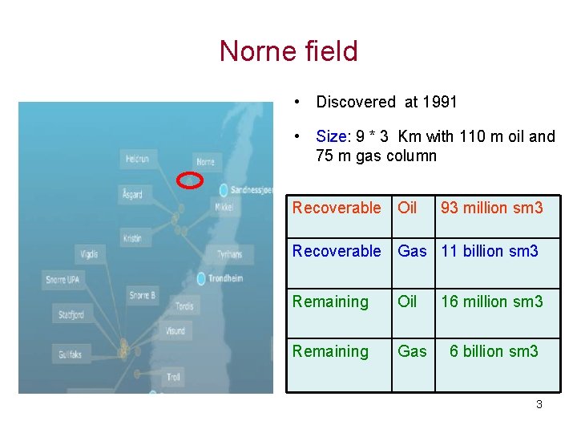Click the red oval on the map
click(x=189, y=180)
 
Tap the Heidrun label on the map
click(x=137, y=159)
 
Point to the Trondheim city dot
click(x=201, y=278)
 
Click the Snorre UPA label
click(x=63, y=279)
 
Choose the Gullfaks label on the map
click(x=75, y=353)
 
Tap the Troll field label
click(x=173, y=376)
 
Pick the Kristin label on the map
click(x=132, y=238)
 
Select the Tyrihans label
click(x=229, y=254)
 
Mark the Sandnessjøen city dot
click(x=223, y=190)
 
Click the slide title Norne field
click(x=288, y=51)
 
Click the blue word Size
click(x=332, y=136)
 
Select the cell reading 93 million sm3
click(x=492, y=208)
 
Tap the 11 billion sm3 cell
click(x=490, y=251)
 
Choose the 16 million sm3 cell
click(x=492, y=301)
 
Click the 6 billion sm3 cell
click(x=494, y=351)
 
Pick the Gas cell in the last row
click(x=413, y=351)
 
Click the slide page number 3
click(x=539, y=404)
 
